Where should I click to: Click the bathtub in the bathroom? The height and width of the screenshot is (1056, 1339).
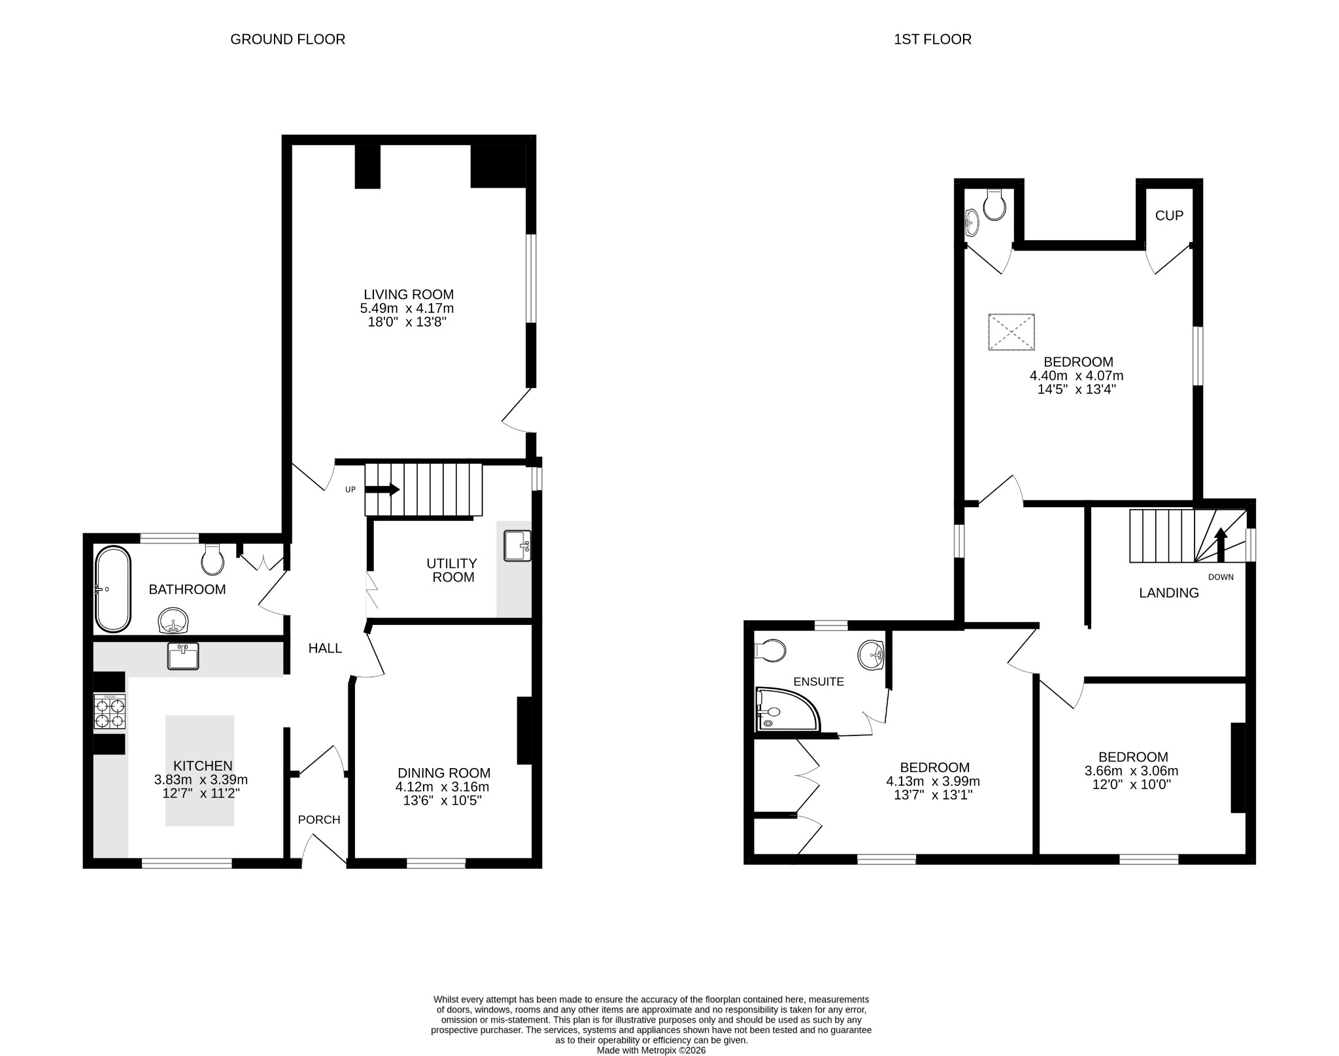pyautogui.click(x=114, y=589)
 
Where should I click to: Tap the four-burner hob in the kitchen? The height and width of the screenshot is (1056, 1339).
pyautogui.click(x=110, y=713)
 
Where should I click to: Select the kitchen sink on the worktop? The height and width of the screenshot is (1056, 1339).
pyautogui.click(x=183, y=656)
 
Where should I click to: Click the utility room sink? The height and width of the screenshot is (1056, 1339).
pyautogui.click(x=517, y=546)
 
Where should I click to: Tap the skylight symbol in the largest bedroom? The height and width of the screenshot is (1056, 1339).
pyautogui.click(x=1011, y=332)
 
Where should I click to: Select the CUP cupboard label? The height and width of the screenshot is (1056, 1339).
pyautogui.click(x=1169, y=215)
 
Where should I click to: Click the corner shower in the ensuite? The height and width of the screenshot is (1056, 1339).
pyautogui.click(x=785, y=711)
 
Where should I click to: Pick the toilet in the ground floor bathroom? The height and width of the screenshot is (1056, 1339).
pyautogui.click(x=212, y=559)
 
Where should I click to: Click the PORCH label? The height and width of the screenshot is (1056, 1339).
pyautogui.click(x=319, y=820)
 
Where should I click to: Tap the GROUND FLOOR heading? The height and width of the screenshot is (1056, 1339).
pyautogui.click(x=288, y=39)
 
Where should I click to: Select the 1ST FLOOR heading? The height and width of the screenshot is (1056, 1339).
pyautogui.click(x=932, y=39)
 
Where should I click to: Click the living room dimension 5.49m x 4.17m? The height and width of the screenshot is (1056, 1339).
pyautogui.click(x=407, y=308)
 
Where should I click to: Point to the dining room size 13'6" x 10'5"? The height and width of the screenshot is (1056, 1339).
pyautogui.click(x=443, y=800)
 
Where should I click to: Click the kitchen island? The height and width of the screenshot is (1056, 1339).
pyautogui.click(x=199, y=770)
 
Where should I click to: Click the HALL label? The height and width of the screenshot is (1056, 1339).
pyautogui.click(x=325, y=648)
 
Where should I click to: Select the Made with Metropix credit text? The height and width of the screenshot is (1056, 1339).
pyautogui.click(x=651, y=1050)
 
